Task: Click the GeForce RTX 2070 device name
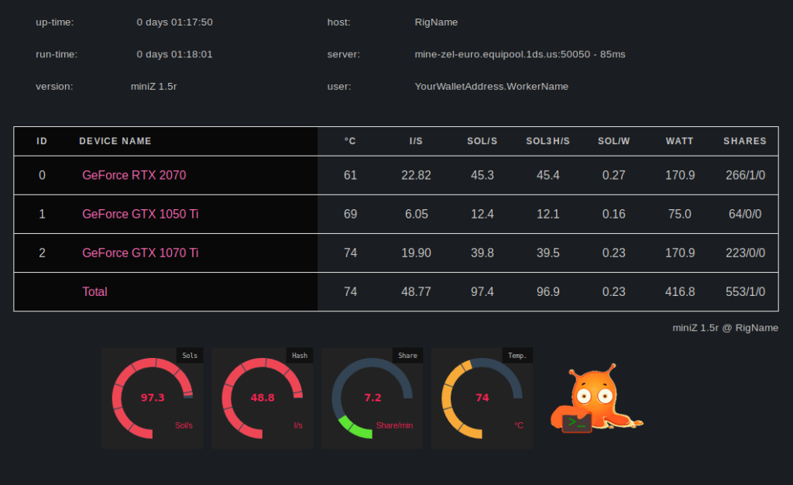tap(134, 175)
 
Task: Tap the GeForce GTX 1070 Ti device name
tap(140, 253)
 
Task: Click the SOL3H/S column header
tap(548, 141)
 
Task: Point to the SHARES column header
tap(745, 141)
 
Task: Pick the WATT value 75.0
tap(680, 214)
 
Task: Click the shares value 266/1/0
tap(745, 175)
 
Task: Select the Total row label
tap(94, 291)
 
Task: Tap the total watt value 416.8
tap(680, 291)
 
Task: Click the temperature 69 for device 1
tap(350, 214)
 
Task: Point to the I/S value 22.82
tap(416, 175)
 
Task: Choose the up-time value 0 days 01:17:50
tap(174, 22)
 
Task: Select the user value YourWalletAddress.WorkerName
tap(491, 86)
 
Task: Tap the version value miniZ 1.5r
tap(154, 86)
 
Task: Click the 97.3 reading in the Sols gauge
tap(153, 397)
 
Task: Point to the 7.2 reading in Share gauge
tap(372, 397)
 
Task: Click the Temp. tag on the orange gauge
tap(517, 356)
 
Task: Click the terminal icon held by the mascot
tap(576, 422)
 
